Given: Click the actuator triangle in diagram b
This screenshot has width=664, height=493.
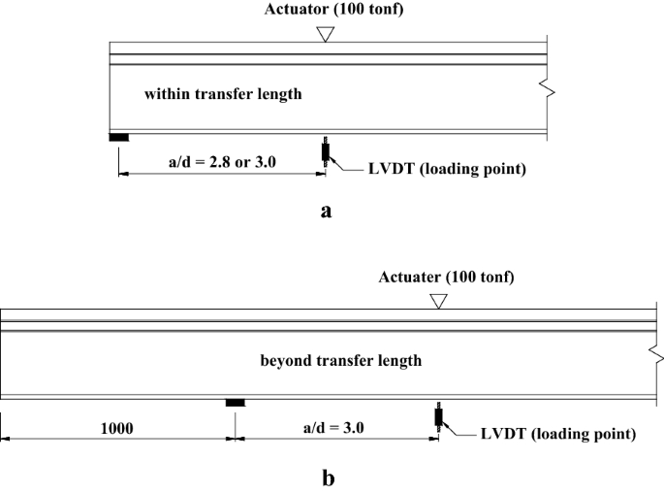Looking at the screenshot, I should click(x=438, y=302).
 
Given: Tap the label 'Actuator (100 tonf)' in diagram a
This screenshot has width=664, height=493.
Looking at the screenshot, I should click(x=326, y=11).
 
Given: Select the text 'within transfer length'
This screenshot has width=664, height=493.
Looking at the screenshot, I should click(x=223, y=94).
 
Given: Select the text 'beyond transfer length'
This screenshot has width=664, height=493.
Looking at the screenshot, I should click(x=341, y=361).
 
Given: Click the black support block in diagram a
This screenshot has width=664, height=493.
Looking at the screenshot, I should click(x=118, y=137).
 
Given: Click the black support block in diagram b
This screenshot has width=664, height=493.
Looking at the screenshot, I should click(x=236, y=403).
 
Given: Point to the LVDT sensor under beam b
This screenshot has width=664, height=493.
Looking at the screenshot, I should click(x=438, y=416).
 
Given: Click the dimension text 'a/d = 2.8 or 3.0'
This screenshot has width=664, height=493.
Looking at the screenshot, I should click(x=222, y=161).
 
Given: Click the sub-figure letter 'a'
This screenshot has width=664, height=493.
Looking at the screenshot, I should click(x=326, y=210).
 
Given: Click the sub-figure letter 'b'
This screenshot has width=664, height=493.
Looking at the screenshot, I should click(x=330, y=477).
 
